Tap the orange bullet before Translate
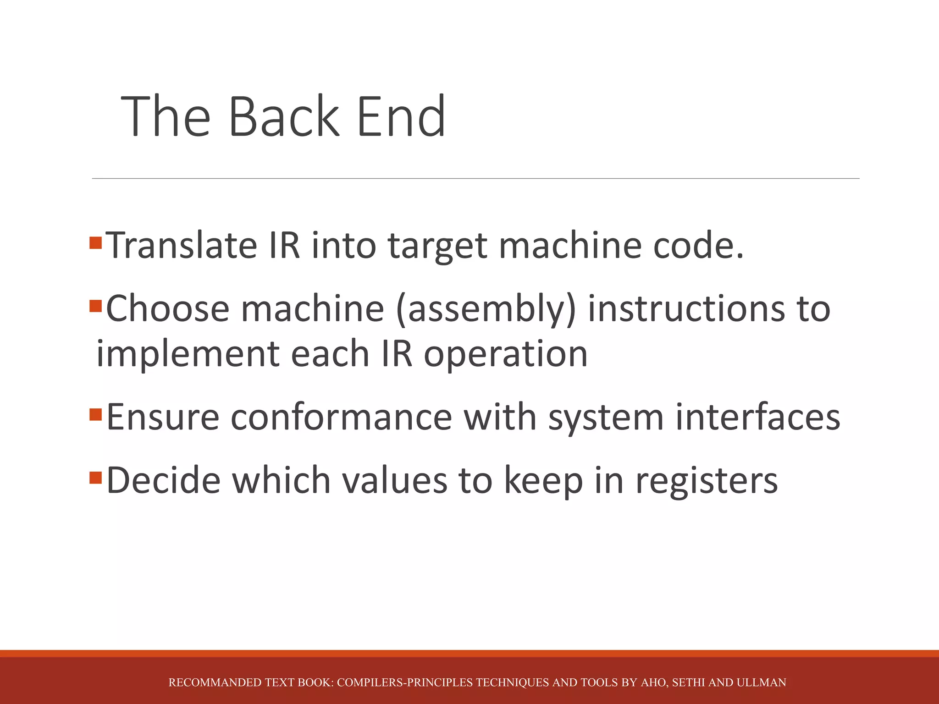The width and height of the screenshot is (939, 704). click(95, 242)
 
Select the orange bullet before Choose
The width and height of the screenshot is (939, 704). click(95, 306)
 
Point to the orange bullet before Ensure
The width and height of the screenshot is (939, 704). click(95, 415)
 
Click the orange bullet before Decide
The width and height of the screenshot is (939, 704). click(95, 478)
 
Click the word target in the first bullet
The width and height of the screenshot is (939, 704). click(437, 247)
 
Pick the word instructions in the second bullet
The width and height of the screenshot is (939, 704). click(686, 309)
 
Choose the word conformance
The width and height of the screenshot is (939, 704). click(341, 418)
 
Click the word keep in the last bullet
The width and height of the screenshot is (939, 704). click(543, 480)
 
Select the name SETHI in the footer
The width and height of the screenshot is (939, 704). click(688, 682)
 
